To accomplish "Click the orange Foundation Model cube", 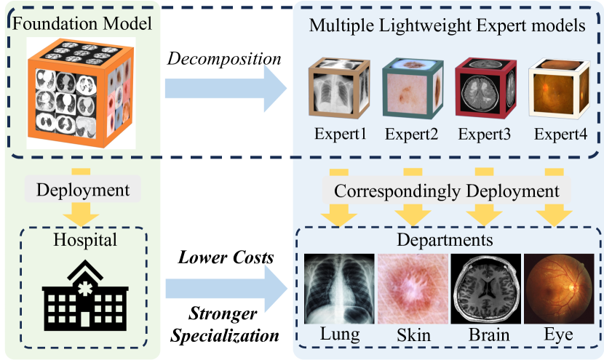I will pyautogui.click(x=79, y=91).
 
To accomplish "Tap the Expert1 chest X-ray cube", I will pyautogui.click(x=338, y=89).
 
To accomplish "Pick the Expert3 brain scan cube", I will pyautogui.click(x=485, y=89).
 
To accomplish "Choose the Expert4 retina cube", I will pyautogui.click(x=560, y=89).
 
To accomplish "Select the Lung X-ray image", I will pyautogui.click(x=339, y=289).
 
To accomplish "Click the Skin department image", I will pyautogui.click(x=413, y=289).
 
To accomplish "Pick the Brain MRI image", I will pyautogui.click(x=485, y=289).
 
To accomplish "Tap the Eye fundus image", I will pyautogui.click(x=559, y=289).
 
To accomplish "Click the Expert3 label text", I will pyautogui.click(x=484, y=135).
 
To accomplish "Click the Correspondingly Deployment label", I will pyautogui.click(x=447, y=191).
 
